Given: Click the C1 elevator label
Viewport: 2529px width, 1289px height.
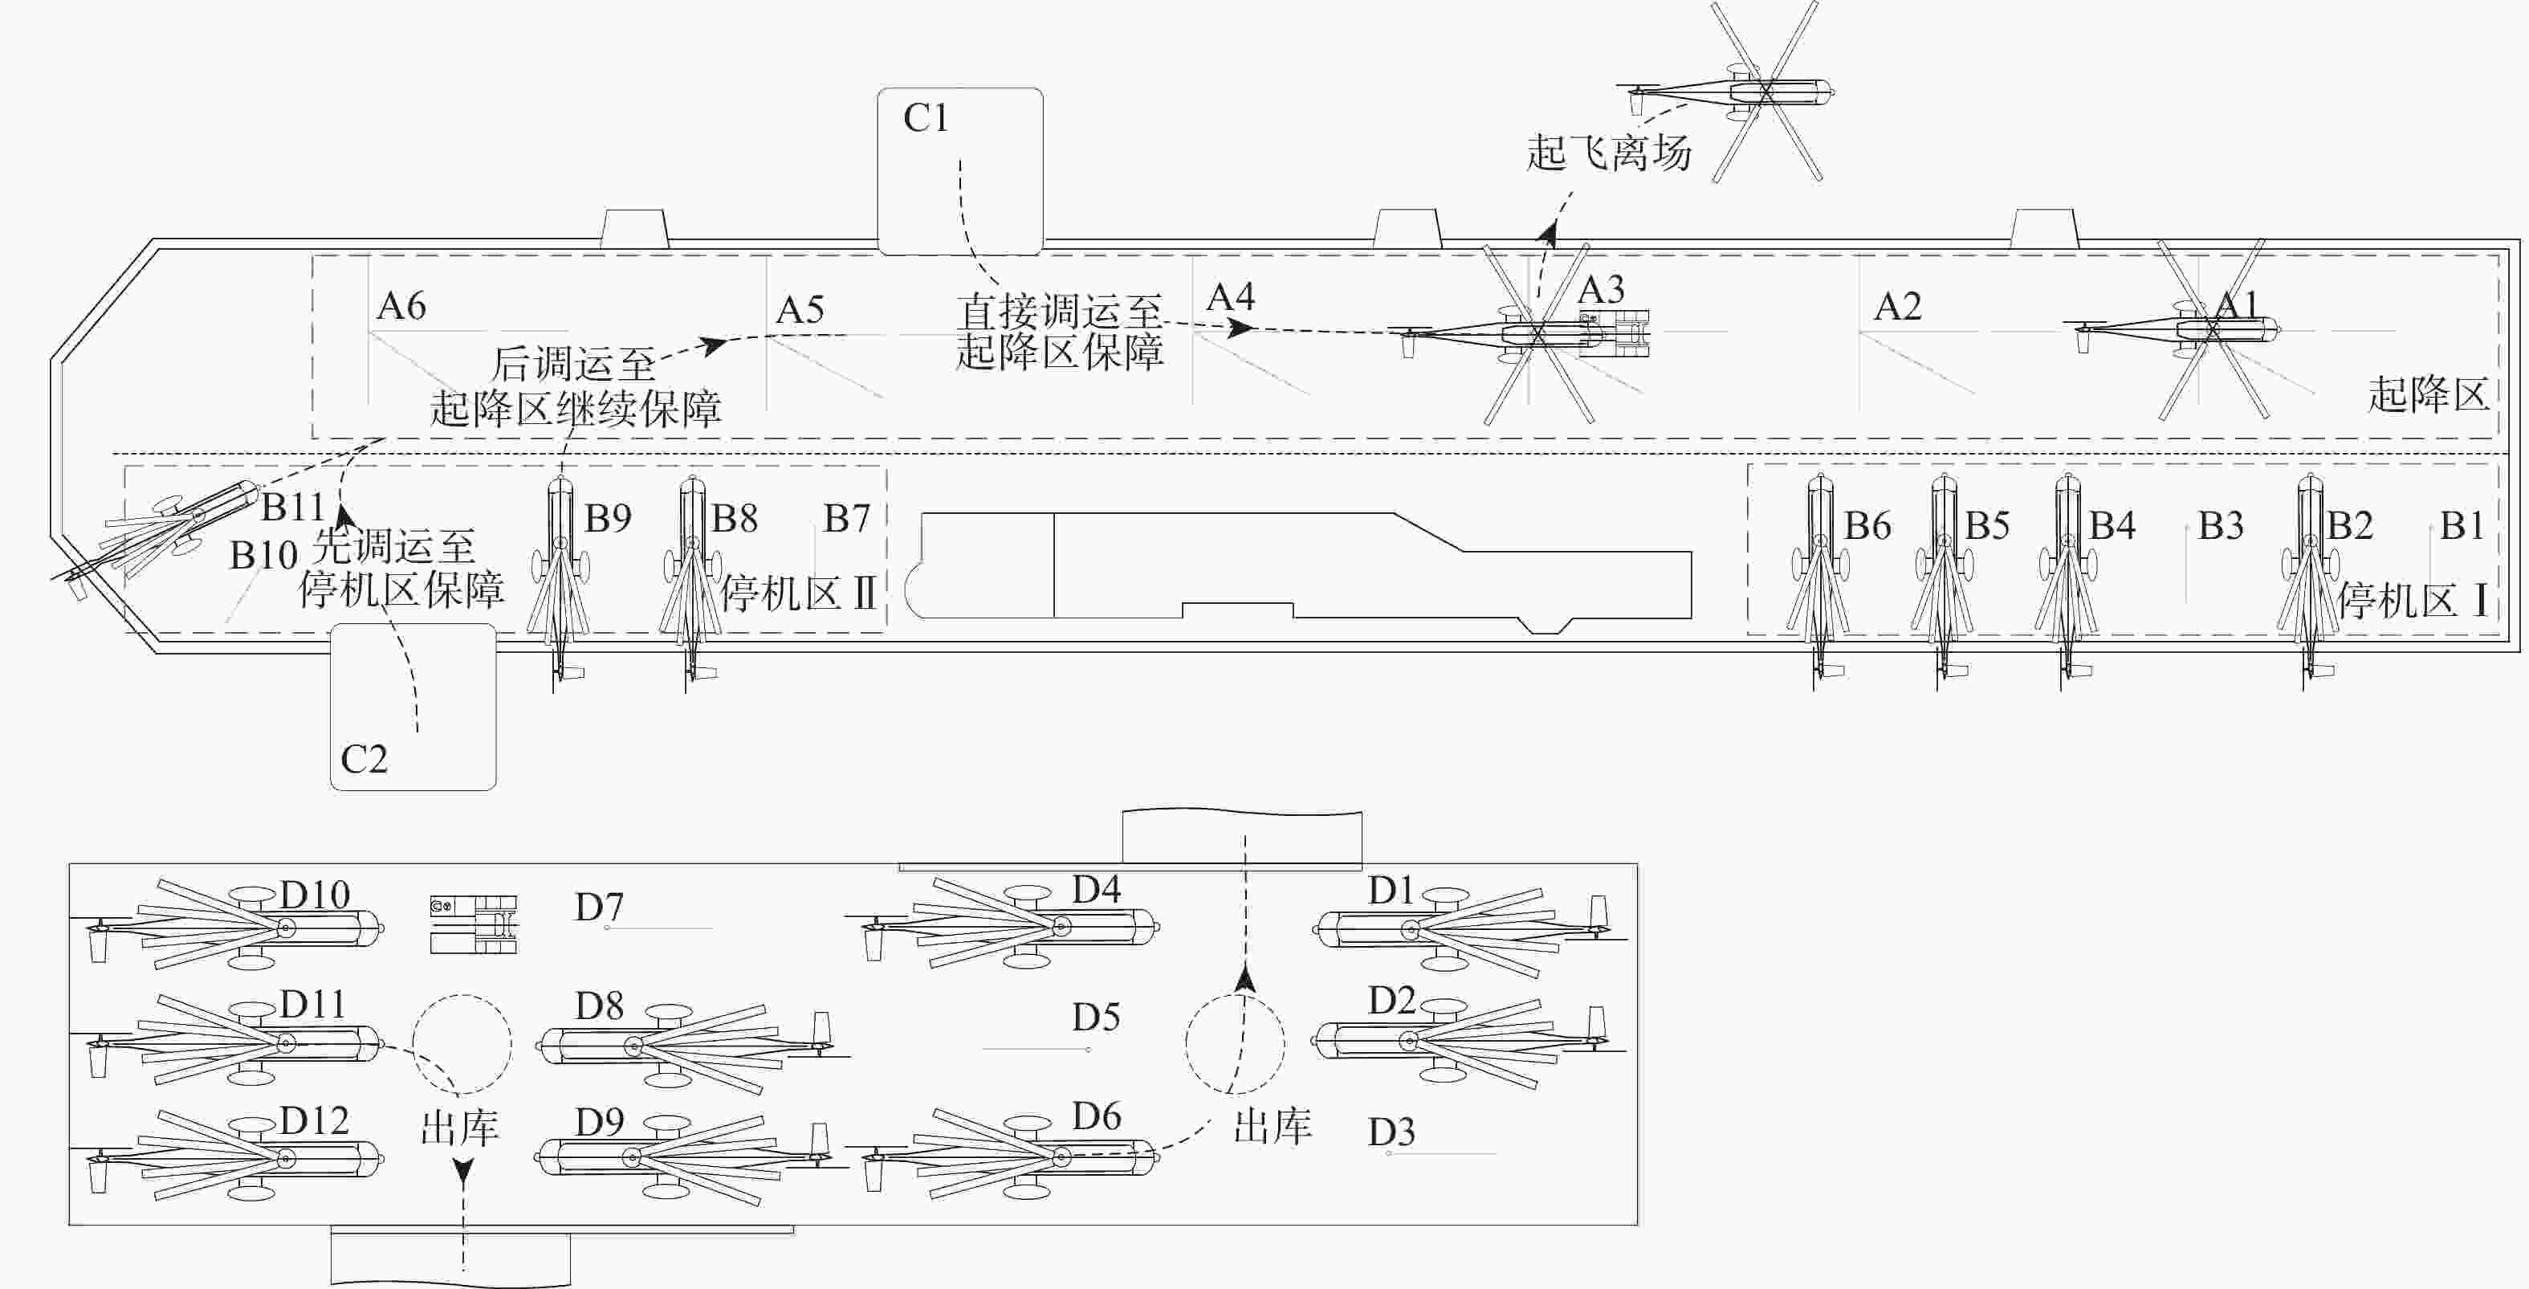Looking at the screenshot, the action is click(x=926, y=119).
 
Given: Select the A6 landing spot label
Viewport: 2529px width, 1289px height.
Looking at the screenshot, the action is click(x=401, y=306).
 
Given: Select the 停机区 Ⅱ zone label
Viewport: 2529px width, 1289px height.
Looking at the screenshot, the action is click(x=798, y=593).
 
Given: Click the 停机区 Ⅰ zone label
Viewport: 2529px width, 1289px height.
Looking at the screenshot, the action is click(x=2412, y=600).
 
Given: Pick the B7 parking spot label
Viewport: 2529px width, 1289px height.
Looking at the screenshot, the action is click(x=846, y=518).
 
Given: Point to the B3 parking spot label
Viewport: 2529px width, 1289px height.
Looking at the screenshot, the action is click(x=2221, y=526).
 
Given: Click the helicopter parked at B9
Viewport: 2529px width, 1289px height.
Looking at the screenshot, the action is click(x=560, y=579).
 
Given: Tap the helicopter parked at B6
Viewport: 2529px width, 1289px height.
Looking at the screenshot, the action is click(x=1819, y=579).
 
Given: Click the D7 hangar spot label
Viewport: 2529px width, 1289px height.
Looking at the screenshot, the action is click(x=599, y=907).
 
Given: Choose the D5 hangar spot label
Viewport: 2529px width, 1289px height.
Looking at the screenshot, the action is click(x=1096, y=1017).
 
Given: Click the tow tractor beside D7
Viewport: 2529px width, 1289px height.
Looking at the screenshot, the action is click(x=474, y=924).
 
